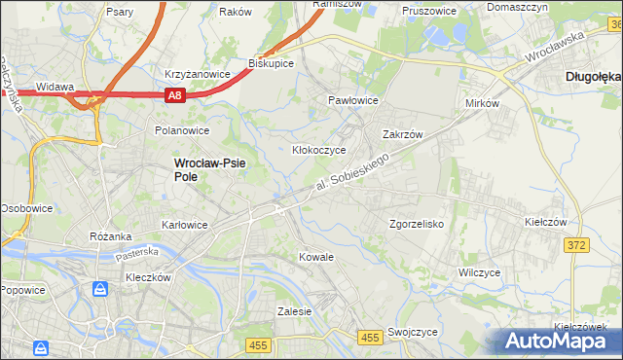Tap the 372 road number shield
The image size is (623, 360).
coord(576,245)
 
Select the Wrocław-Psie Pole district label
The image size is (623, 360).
coord(208,170)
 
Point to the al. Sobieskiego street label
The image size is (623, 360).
coord(358,171)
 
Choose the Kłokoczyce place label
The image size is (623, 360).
coord(319,151)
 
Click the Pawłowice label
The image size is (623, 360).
coord(352,100)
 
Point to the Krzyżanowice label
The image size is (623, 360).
coord(197,74)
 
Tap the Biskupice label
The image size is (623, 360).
coord(272,62)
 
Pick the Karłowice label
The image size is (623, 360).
coord(185,225)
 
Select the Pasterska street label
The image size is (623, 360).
coord(136,252)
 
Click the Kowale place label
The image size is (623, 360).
coord(315,257)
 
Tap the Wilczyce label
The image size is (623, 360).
coord(479,272)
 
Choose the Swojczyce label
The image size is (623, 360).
coord(412,332)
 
